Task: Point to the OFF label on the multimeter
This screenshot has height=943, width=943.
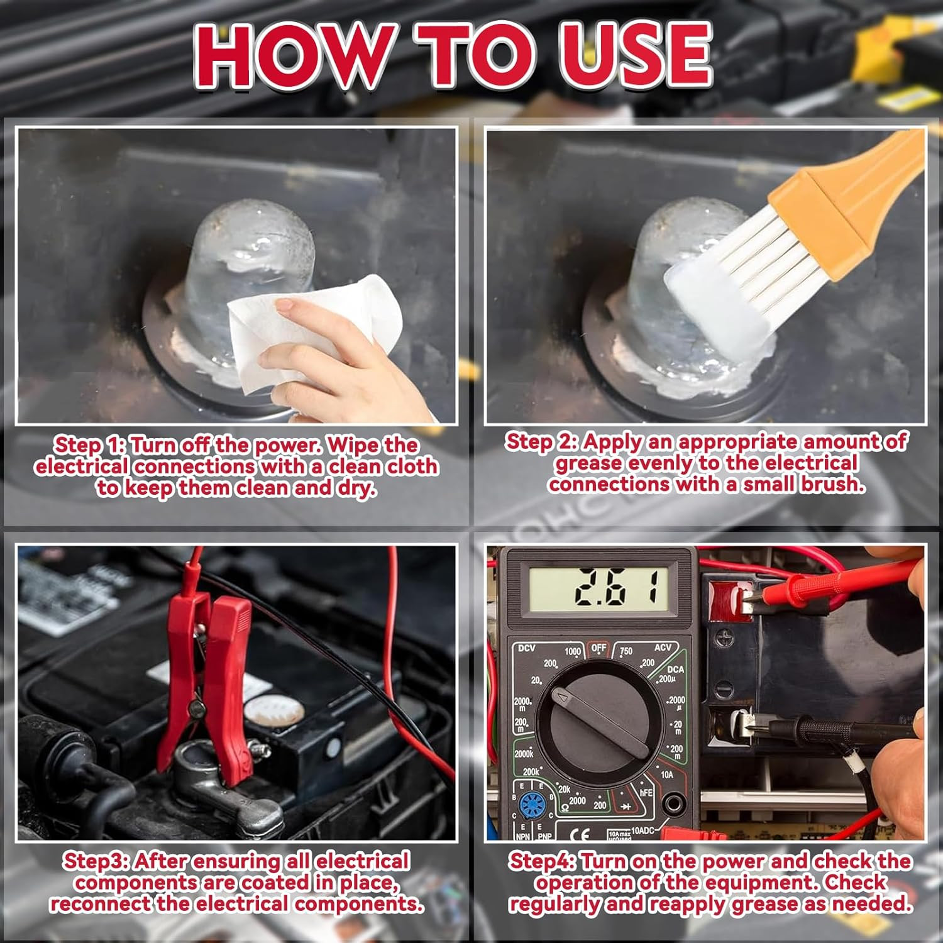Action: (x=598, y=648)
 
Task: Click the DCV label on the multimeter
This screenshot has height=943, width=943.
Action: (x=526, y=648)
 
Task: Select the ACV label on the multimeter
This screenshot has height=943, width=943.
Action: (x=663, y=648)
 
